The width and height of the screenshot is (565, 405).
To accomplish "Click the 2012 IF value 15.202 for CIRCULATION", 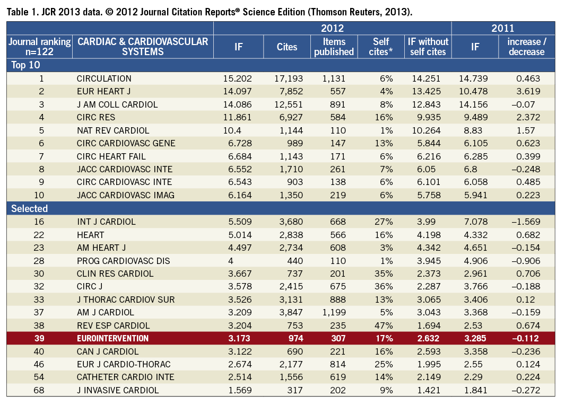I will tap(237, 78).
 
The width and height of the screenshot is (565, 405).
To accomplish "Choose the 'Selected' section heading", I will tap(29, 208).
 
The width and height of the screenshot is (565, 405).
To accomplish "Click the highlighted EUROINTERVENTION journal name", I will tap(112, 338).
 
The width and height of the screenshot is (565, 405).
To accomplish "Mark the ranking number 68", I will tap(41, 390).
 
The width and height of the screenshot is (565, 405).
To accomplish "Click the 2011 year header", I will tap(502, 28).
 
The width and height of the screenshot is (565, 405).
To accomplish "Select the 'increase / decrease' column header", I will tap(526, 47).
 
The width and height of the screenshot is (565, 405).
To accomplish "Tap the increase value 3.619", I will tap(528, 92).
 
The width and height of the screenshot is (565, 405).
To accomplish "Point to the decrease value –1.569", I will tap(525, 222).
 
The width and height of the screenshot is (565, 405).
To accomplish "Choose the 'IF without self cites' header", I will tap(428, 47).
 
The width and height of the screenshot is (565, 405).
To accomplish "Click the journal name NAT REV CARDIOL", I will tap(113, 130).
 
